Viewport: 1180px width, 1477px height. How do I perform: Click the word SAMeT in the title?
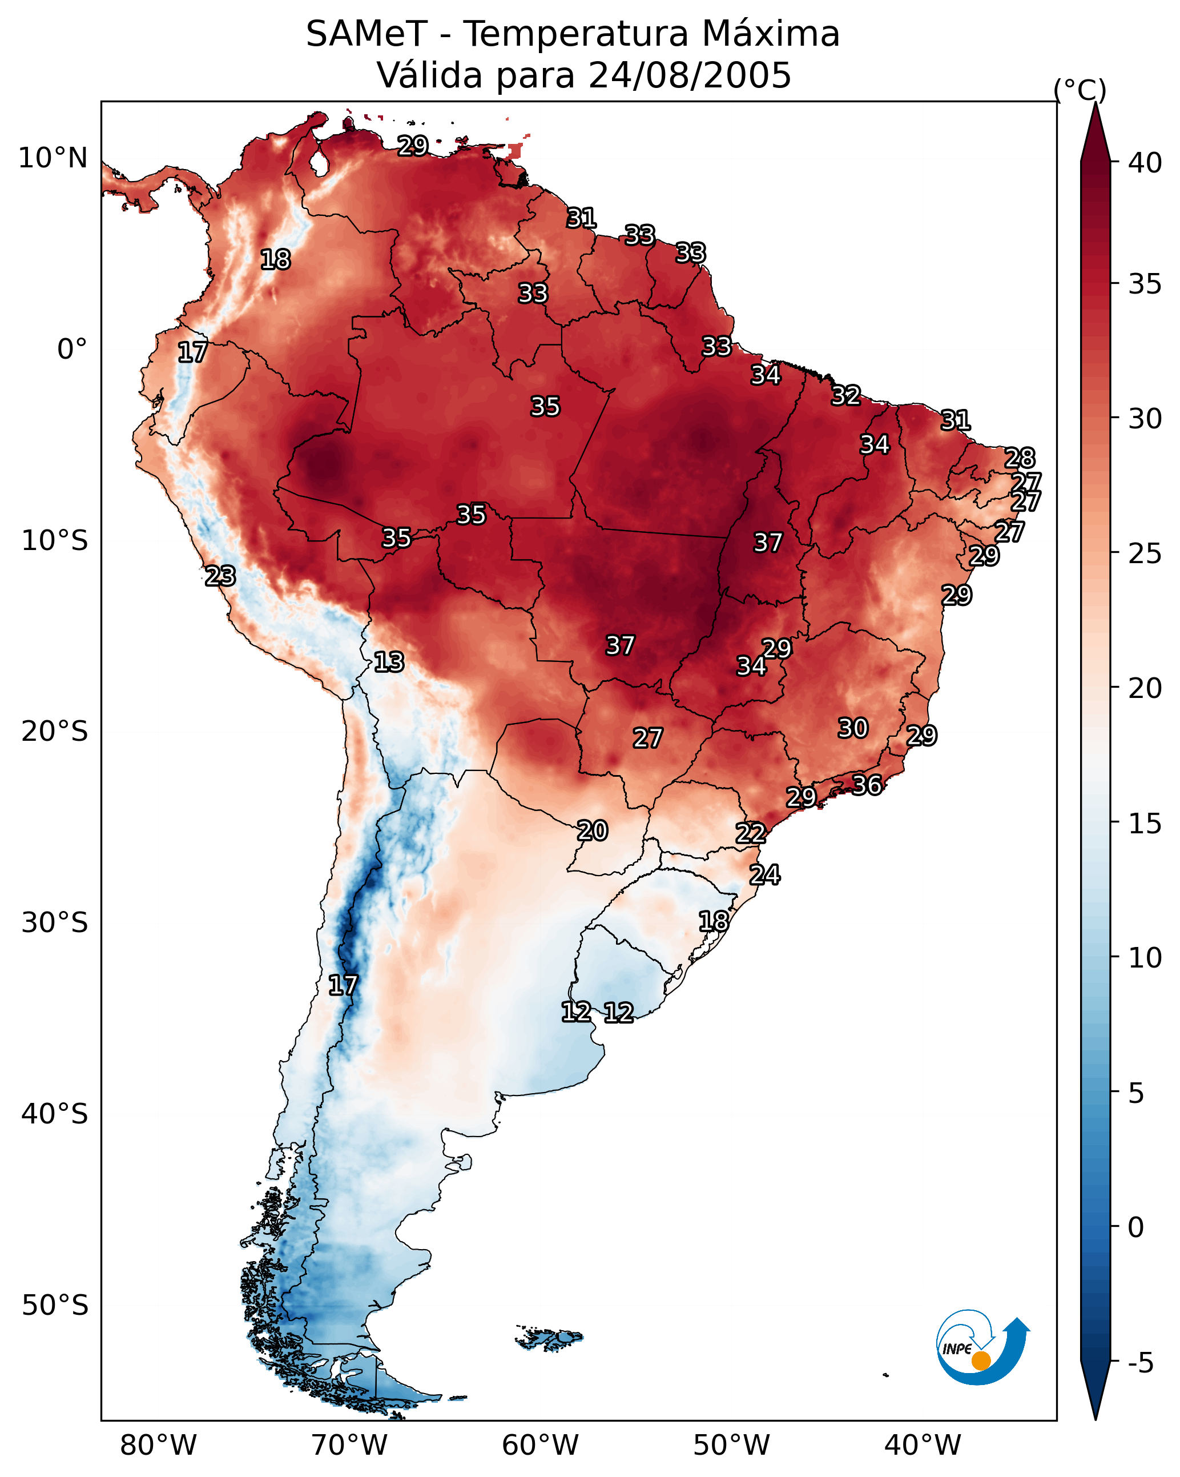click(367, 34)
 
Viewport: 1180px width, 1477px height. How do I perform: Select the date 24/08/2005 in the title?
click(690, 75)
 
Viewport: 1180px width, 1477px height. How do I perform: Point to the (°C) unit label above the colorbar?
click(1080, 90)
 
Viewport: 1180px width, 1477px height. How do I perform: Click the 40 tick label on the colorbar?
click(1145, 163)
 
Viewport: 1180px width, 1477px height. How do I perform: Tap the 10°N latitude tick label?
click(53, 158)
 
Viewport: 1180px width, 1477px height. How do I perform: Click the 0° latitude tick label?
click(72, 350)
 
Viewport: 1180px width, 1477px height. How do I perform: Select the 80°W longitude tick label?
click(158, 1445)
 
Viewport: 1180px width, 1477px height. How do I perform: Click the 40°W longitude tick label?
click(923, 1445)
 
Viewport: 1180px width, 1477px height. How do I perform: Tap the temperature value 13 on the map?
click(389, 662)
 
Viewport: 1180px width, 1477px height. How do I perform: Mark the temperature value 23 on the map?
click(220, 576)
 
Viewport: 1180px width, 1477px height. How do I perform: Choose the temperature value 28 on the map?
click(1020, 457)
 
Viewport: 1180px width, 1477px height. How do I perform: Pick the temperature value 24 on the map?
click(764, 875)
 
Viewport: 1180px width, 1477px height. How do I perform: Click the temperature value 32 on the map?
click(846, 395)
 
